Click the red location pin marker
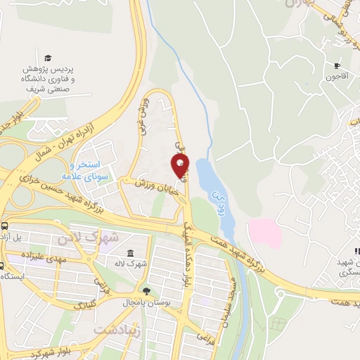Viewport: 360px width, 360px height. coord(181,166)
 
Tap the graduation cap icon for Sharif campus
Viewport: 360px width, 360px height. coord(48,58)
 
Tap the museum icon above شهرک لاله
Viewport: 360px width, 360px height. coord(131,253)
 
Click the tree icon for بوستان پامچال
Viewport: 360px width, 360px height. coord(146,290)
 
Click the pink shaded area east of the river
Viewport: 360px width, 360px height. coord(264,231)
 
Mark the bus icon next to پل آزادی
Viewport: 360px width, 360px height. coord(5,226)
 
